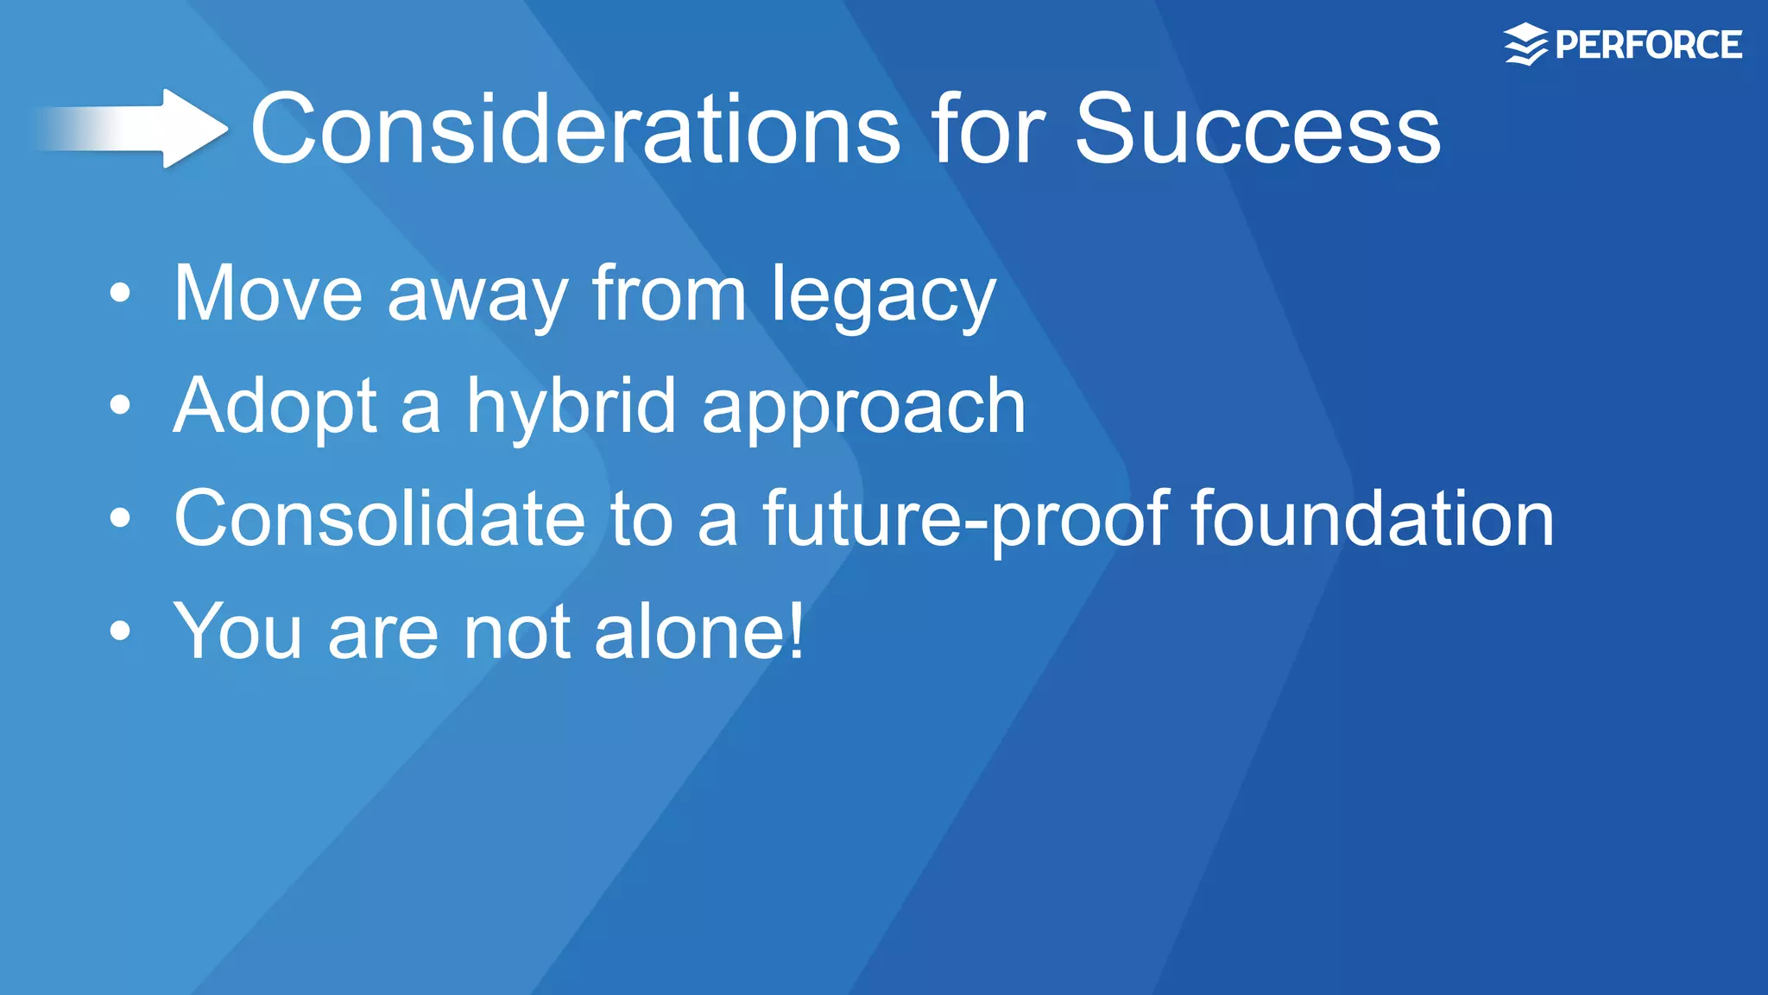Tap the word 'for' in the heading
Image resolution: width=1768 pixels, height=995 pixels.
coord(988,130)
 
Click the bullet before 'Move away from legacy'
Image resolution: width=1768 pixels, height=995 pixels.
coord(120,294)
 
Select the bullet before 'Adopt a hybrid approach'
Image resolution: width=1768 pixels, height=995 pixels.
coord(120,405)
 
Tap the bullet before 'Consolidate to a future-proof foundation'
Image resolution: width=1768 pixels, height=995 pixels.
coord(120,518)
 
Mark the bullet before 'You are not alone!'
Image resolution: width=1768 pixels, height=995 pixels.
coord(120,631)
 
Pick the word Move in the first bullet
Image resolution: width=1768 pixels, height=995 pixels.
coord(268,295)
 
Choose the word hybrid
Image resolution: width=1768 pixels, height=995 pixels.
coord(571,408)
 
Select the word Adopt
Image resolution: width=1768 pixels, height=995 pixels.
coord(275,408)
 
